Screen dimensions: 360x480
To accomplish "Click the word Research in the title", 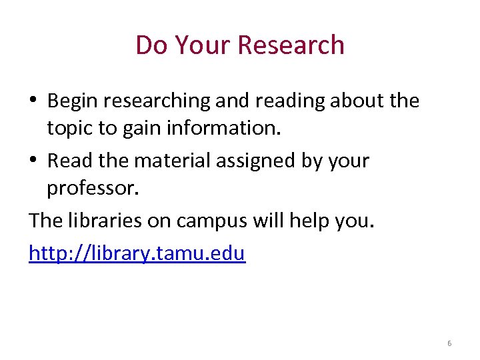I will (x=291, y=45).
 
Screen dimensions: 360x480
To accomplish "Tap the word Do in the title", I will (x=150, y=45).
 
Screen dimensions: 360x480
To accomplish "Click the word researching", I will (x=156, y=101).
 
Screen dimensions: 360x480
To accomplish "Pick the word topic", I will (x=70, y=127).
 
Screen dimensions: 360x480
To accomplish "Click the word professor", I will (x=93, y=189).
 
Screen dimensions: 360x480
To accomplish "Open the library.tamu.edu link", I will (x=137, y=253).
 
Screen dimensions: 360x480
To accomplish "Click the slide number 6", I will (x=449, y=343).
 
